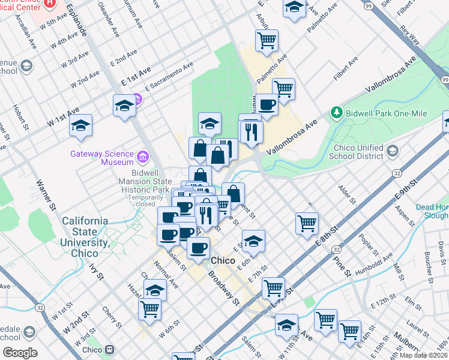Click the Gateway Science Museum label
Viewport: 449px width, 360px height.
click(x=101, y=158)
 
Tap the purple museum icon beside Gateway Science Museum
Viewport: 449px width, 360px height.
click(x=143, y=158)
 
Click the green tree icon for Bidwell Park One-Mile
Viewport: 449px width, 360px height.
click(x=337, y=113)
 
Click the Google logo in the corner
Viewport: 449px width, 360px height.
click(x=20, y=352)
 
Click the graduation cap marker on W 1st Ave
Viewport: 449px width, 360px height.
click(x=80, y=125)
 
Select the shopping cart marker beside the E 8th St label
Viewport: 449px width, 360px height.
click(x=307, y=223)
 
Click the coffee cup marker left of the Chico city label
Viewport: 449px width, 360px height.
click(x=198, y=247)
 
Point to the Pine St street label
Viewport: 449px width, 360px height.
click(x=342, y=264)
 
